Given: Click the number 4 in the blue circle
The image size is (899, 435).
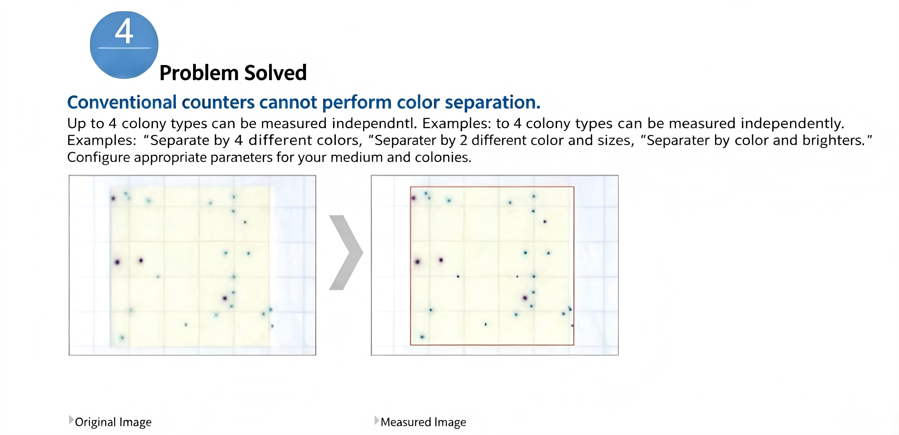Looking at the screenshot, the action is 124,31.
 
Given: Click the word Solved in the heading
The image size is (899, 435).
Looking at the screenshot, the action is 275,73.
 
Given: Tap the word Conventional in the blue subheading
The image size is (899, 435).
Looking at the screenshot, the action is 122,102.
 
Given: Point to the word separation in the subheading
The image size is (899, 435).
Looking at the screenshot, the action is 492,103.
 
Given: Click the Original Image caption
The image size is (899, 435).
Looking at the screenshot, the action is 113,422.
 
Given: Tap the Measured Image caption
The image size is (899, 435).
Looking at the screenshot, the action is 423,422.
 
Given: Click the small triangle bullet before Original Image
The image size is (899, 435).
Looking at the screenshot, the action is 71,420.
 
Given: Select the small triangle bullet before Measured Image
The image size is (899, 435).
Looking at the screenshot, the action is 376,420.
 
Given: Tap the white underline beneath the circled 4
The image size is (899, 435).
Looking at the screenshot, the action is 124,48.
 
